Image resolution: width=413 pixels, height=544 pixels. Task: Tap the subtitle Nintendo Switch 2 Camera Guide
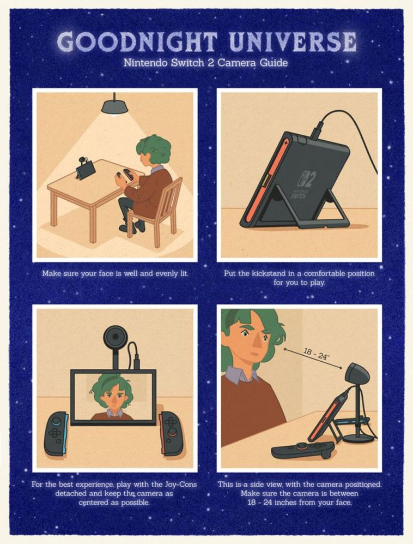[x=205, y=63]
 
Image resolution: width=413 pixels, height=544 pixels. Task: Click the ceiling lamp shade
[x=114, y=107]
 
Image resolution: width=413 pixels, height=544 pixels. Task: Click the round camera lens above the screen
[x=114, y=336]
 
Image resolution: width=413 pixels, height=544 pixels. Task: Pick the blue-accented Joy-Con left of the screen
[x=56, y=434]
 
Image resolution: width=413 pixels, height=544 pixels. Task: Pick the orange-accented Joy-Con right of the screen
[x=172, y=433]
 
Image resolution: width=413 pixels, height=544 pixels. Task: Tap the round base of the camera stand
[x=358, y=439]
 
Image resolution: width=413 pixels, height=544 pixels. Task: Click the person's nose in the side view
[x=257, y=344]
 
